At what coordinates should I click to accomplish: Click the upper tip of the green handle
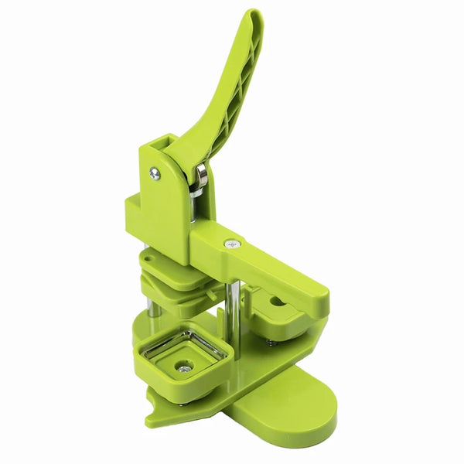[253, 17]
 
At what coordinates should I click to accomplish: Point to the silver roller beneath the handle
[201, 176]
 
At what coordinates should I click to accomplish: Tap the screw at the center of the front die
[183, 368]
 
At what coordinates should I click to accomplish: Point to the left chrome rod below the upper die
[154, 309]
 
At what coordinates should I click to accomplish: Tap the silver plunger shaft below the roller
[194, 207]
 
